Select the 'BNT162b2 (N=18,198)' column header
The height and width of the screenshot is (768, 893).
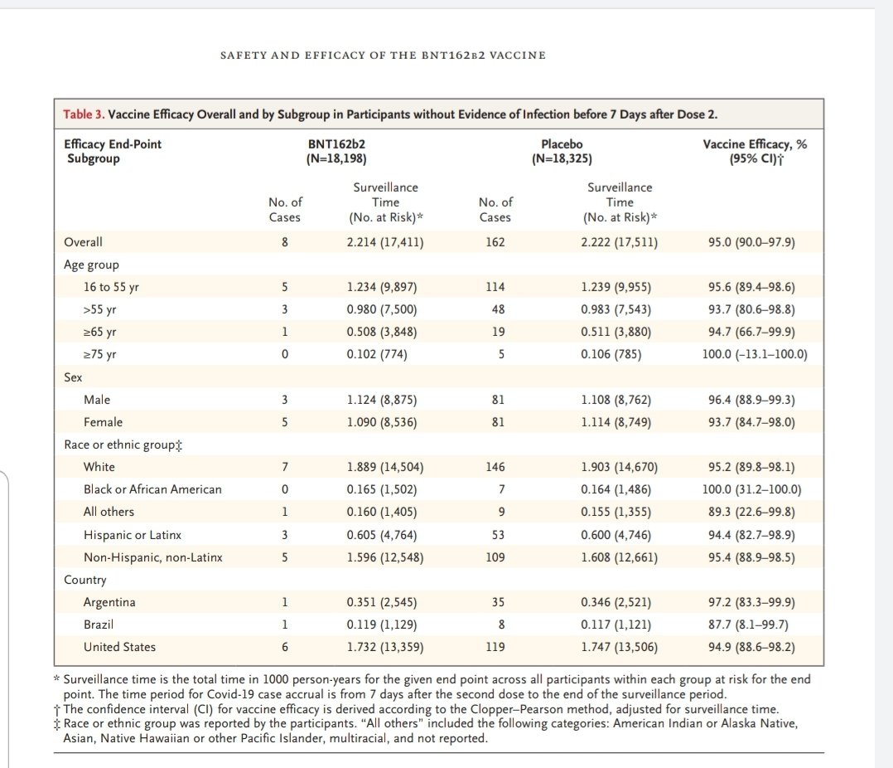[x=336, y=151]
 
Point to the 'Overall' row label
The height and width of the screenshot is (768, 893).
[x=83, y=242]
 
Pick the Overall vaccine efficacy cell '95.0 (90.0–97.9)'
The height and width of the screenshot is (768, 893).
[x=751, y=242]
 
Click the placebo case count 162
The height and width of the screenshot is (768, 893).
[x=495, y=242]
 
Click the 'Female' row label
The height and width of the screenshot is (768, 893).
[x=103, y=422]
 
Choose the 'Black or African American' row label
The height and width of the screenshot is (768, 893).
[x=152, y=489]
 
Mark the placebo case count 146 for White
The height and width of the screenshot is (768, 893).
[x=495, y=467]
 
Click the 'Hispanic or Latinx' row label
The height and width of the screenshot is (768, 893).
[x=133, y=535]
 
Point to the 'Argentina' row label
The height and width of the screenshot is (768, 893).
[x=109, y=602]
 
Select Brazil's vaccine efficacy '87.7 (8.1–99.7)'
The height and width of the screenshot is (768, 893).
[x=751, y=625]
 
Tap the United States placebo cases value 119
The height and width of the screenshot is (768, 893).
[x=495, y=647]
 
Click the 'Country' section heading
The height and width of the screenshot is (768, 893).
[x=85, y=580]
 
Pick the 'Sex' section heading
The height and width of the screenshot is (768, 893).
[x=73, y=377]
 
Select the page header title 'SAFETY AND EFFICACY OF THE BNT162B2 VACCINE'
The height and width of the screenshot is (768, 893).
[x=383, y=56]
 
